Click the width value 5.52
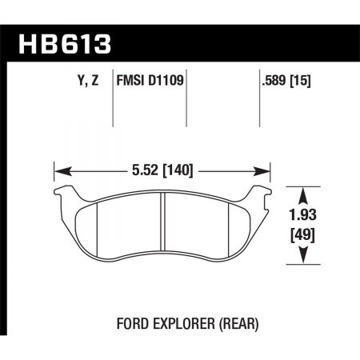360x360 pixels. point(142,170)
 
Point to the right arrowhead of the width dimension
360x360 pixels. point(267,170)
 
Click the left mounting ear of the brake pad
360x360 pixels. point(63,192)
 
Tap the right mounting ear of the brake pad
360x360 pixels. point(262,192)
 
